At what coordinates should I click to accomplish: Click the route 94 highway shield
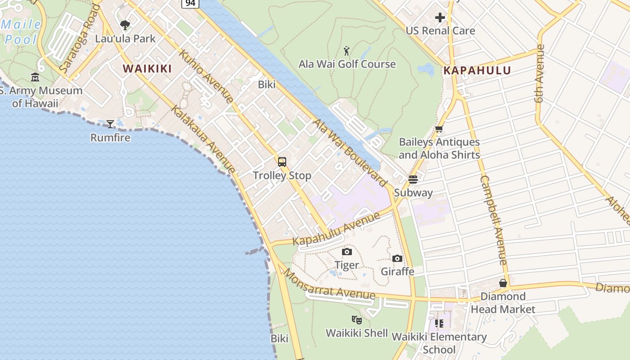(x=190, y=4)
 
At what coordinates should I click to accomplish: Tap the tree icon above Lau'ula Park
(x=125, y=25)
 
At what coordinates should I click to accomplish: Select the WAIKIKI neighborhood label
(x=147, y=69)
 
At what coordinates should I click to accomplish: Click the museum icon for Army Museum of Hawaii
(x=35, y=77)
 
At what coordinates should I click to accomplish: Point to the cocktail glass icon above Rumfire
(x=110, y=124)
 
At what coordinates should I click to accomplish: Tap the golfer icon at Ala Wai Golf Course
(x=346, y=50)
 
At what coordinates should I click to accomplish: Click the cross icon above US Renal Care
(x=440, y=18)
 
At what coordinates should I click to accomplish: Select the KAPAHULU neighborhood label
(x=477, y=71)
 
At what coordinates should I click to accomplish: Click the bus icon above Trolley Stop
(x=282, y=162)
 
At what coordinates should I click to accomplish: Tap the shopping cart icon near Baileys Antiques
(x=439, y=129)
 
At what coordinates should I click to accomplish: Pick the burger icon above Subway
(x=413, y=180)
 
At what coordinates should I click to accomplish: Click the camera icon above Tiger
(x=347, y=252)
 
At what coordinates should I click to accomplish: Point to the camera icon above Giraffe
(x=397, y=258)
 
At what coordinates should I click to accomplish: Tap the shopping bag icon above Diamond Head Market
(x=503, y=283)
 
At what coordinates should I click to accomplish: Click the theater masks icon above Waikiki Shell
(x=357, y=320)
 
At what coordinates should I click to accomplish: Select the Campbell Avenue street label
(x=494, y=220)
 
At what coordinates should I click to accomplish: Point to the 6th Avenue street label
(x=540, y=73)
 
